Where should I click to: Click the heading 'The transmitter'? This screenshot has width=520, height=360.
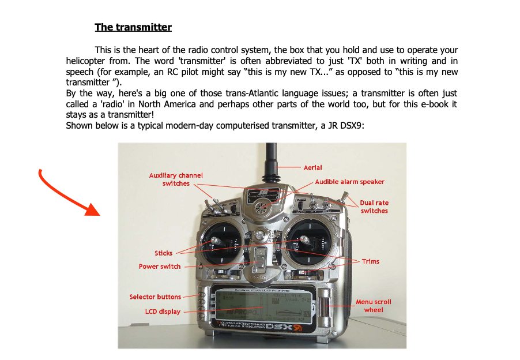pos(133,27)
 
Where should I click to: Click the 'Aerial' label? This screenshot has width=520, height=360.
pos(312,167)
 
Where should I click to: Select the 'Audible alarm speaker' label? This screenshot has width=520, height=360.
pos(349,182)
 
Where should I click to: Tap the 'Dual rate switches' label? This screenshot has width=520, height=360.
pos(374,207)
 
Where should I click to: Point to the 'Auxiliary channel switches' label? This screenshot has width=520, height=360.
pos(176,179)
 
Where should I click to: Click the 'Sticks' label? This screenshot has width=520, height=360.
pos(163,253)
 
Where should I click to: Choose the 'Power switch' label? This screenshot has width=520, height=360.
pos(160,267)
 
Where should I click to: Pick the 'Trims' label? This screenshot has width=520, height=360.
pos(371,261)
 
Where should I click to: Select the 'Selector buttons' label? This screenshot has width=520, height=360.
pos(155,297)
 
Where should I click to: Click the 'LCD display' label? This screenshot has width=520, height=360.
pos(163,312)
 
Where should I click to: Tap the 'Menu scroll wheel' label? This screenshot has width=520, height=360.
pos(373,306)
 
